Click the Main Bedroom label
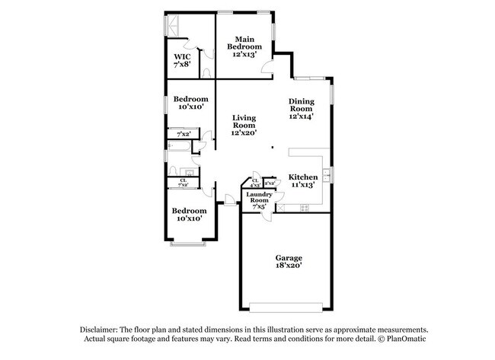244,46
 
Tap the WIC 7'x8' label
181,61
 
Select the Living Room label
244,125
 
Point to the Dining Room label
301,108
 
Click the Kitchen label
302,180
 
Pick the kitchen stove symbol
304,207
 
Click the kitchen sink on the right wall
327,175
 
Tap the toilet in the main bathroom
207,73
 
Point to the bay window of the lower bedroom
187,244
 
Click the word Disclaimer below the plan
104,328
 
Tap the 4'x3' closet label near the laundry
254,183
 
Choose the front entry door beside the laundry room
229,202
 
